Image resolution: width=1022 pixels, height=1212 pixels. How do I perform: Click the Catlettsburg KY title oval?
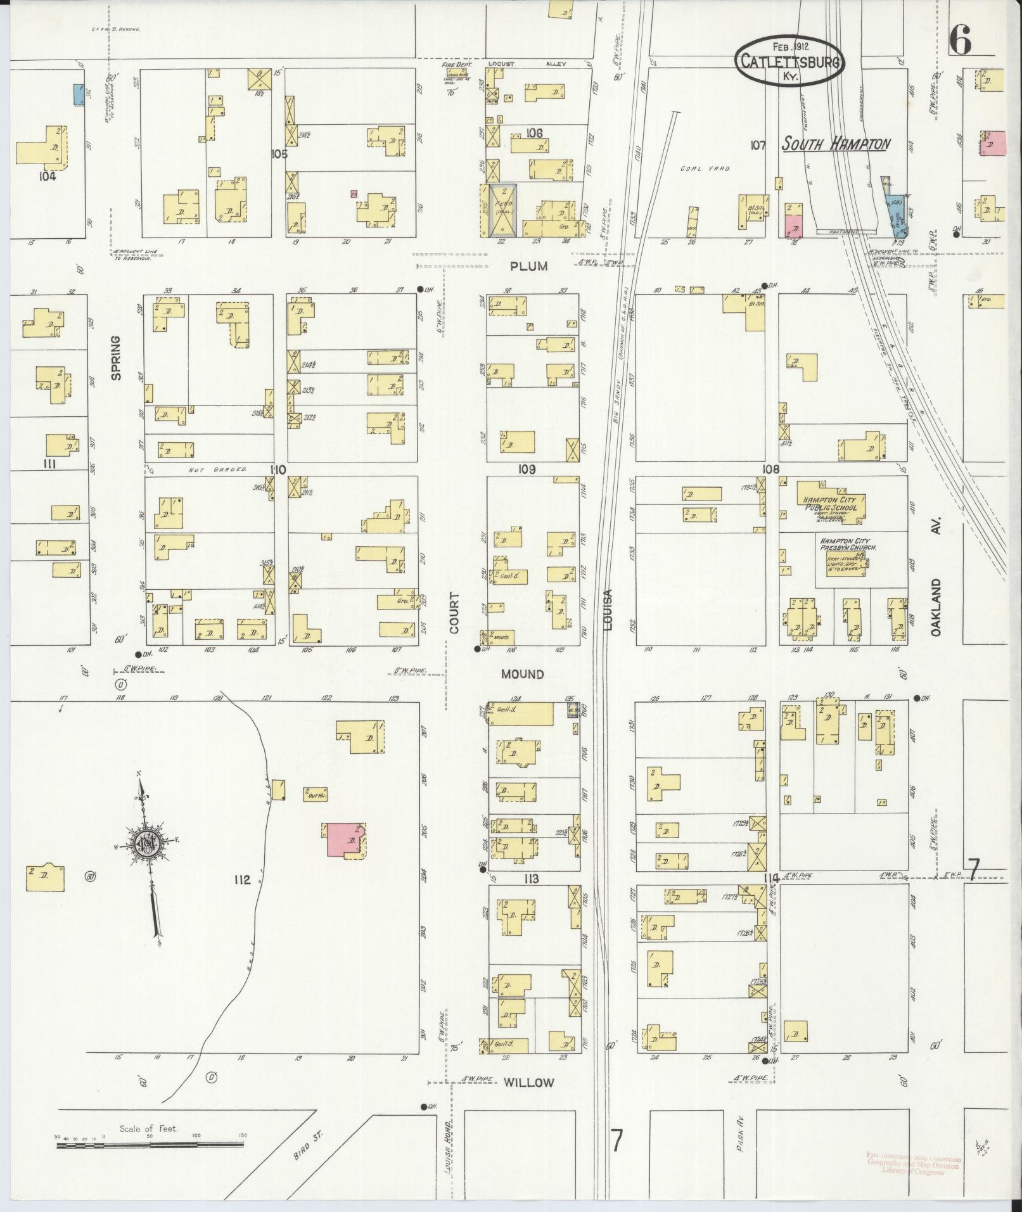coord(789,61)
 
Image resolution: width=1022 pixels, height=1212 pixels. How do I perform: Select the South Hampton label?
coord(835,144)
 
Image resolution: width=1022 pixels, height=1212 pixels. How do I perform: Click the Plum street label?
coord(528,266)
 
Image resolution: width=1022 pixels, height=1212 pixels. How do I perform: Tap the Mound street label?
coord(522,674)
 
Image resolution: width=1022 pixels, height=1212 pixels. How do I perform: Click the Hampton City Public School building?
coord(830,504)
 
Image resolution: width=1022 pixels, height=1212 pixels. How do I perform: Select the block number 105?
coord(279,154)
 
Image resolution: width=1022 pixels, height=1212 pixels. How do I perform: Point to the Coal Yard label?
coord(705,169)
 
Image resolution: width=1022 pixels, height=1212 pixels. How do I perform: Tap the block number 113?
coord(531,879)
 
